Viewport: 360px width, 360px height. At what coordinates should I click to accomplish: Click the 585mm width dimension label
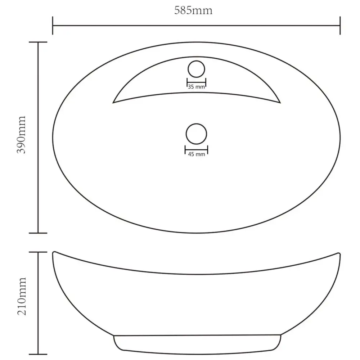[x=193, y=10]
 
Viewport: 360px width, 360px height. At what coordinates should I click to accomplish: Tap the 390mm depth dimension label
[x=21, y=135]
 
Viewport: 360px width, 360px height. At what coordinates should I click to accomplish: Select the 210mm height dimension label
[x=22, y=296]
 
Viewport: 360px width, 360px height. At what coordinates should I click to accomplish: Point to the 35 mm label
[x=196, y=87]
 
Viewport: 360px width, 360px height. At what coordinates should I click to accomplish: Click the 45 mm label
[x=197, y=154]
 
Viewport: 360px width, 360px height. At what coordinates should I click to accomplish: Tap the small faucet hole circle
[x=196, y=61]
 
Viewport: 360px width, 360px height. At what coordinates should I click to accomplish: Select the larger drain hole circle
[x=196, y=124]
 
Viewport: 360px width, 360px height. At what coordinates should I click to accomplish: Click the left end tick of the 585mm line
[x=53, y=26]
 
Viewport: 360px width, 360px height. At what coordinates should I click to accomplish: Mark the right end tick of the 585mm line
[x=340, y=26]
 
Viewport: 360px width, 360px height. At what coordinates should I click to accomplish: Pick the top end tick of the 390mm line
[x=38, y=42]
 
